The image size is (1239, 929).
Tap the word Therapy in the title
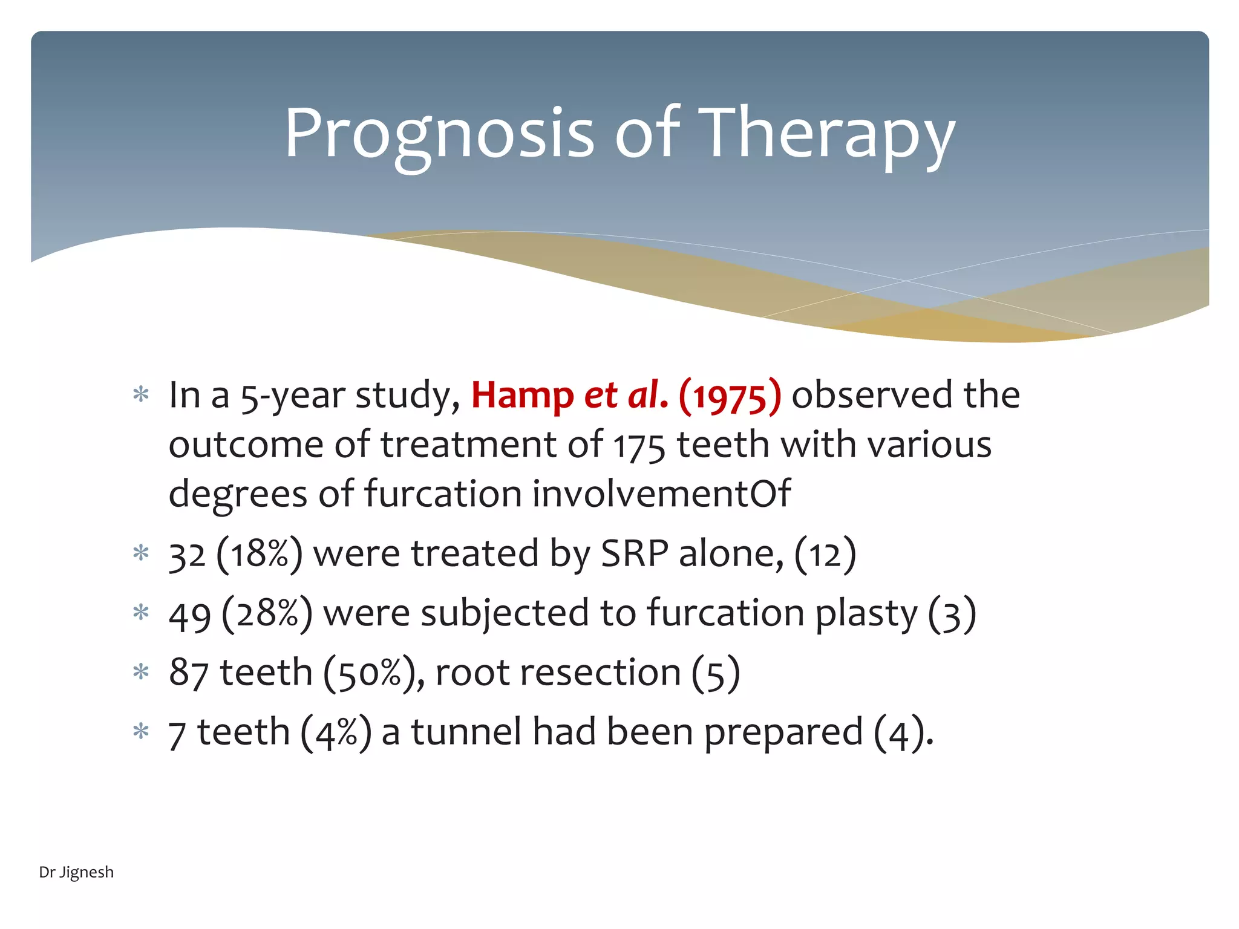[x=830, y=134]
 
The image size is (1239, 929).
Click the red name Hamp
[x=521, y=396]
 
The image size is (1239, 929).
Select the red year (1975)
[x=730, y=396]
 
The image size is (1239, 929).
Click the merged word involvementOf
[x=661, y=494]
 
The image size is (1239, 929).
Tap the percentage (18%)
[x=259, y=553]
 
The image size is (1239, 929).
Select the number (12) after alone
[x=825, y=553]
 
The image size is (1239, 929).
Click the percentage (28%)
[x=267, y=613]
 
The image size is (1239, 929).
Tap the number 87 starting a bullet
[x=189, y=673]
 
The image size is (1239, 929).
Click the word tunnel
[x=466, y=732]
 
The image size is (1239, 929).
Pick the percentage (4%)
[x=336, y=732]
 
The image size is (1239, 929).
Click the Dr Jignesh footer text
[x=76, y=872]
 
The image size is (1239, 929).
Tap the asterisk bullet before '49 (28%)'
[x=141, y=613]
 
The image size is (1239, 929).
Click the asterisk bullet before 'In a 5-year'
[x=141, y=395]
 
